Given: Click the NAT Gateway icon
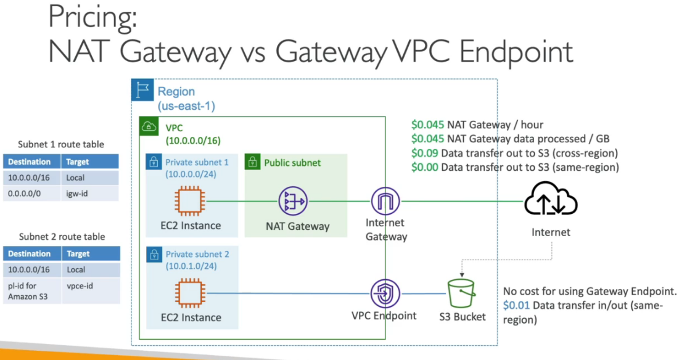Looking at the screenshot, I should pyautogui.click(x=293, y=201).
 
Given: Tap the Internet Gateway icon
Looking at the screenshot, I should pyautogui.click(x=386, y=201).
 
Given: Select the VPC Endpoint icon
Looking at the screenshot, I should pyautogui.click(x=386, y=293).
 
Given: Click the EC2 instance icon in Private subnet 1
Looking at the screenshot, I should pyautogui.click(x=190, y=201).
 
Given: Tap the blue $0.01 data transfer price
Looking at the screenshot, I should pyautogui.click(x=514, y=306).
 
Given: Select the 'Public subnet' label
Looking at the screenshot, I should pyautogui.click(x=292, y=163).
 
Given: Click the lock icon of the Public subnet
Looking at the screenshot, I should pyautogui.click(x=252, y=163).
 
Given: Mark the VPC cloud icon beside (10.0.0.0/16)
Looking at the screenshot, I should pyautogui.click(x=149, y=126).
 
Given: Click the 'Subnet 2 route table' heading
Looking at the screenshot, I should pyautogui.click(x=62, y=237).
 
